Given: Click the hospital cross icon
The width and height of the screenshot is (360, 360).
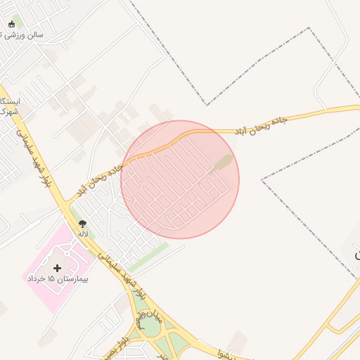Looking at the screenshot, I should point(57,268).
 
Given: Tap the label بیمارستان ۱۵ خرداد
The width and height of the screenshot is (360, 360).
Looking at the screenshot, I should point(56,279).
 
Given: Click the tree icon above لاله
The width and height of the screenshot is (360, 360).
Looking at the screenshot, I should point(83,224).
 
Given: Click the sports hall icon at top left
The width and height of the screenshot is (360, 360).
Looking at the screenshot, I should point(11,25).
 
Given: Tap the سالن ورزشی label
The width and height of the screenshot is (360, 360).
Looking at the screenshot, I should point(28,34).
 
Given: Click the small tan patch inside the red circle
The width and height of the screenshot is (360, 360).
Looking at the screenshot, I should point(223,163).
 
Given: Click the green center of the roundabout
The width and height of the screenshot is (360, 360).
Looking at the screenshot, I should point(150,328).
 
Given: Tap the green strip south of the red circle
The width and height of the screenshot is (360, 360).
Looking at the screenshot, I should point(148,256).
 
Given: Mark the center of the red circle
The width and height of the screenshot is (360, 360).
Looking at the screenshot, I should point(180,179).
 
